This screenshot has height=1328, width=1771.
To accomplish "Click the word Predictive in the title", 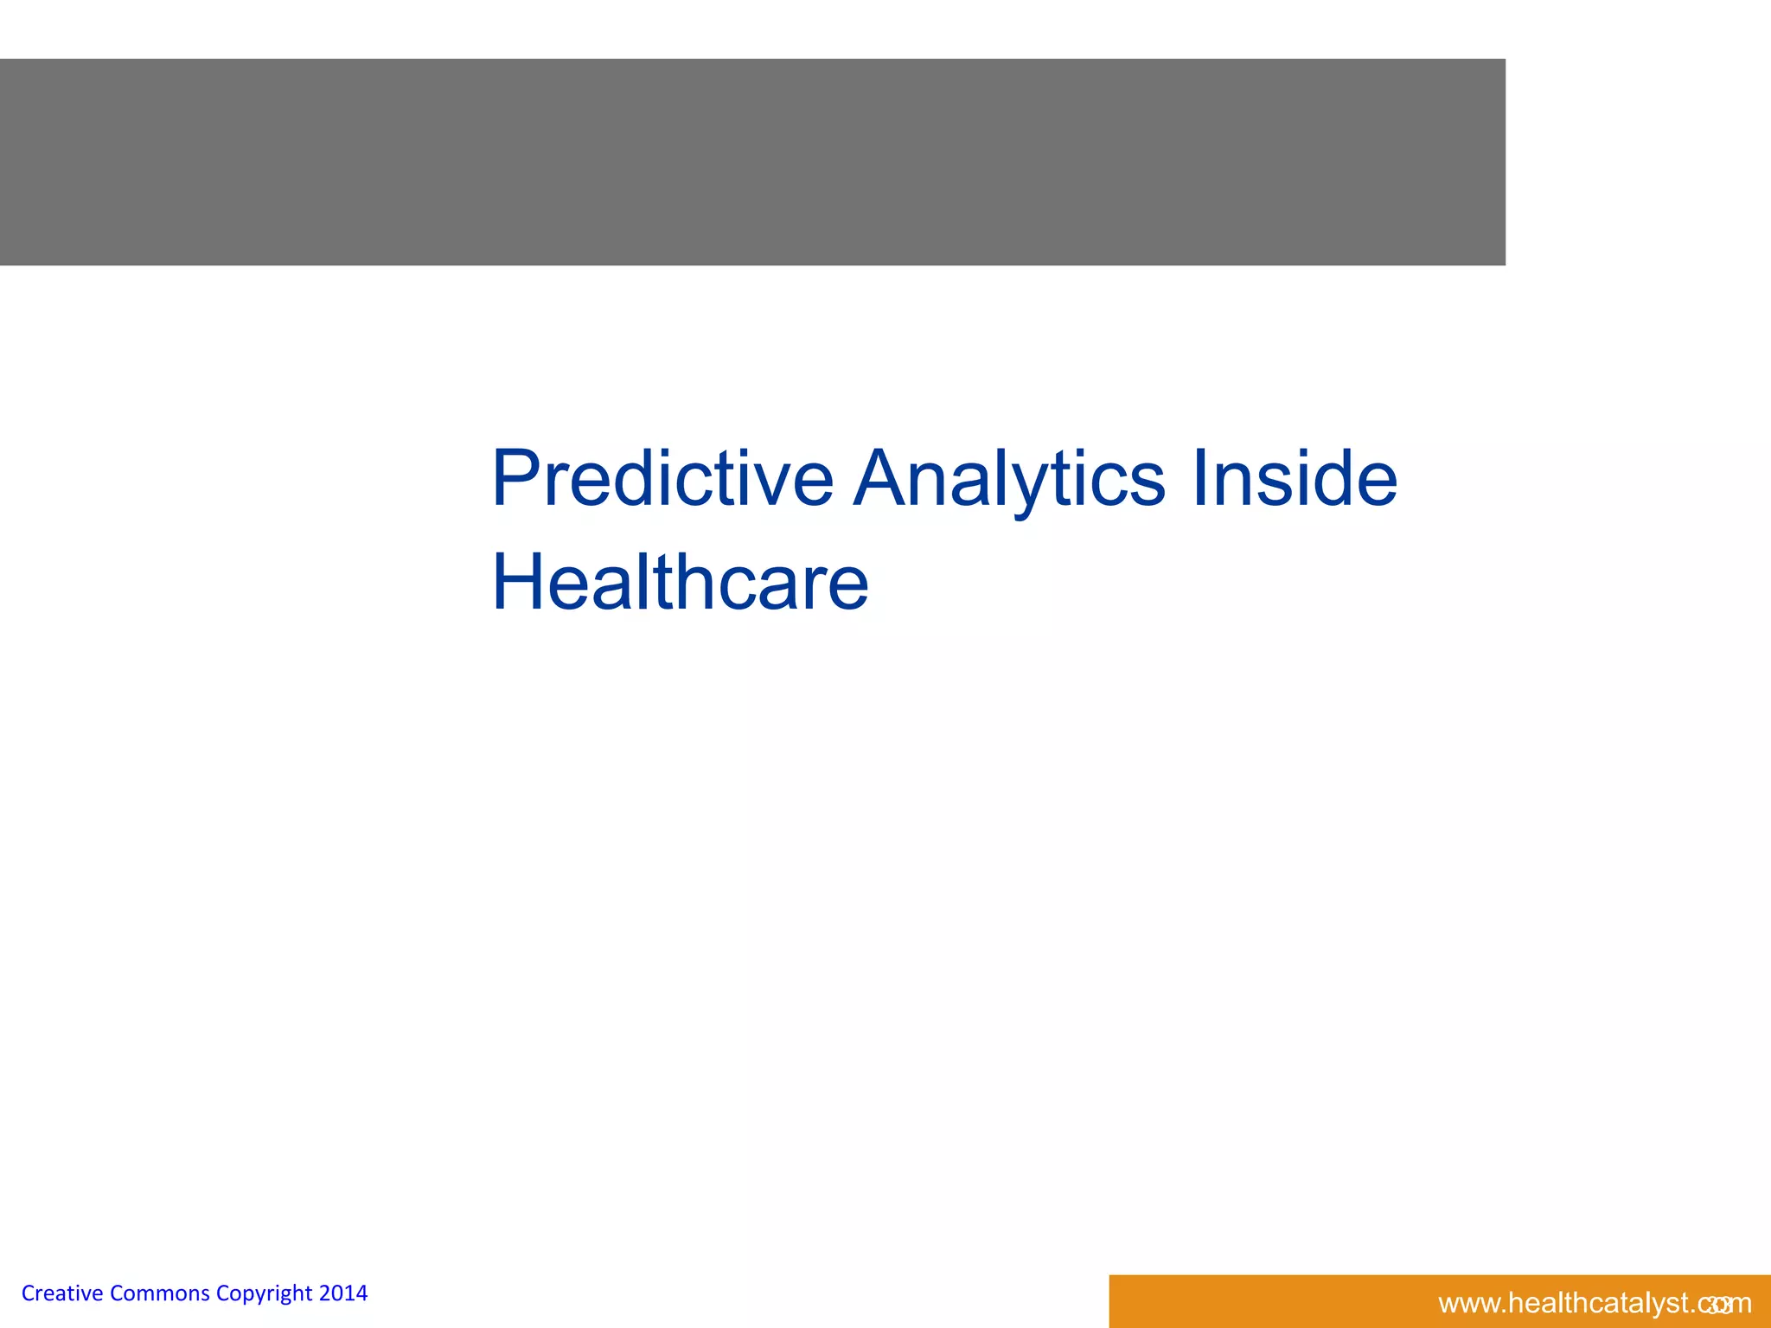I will (x=662, y=480).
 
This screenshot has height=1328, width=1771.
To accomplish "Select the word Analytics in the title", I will (x=1008, y=480).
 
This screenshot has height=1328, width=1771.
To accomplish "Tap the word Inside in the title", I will (x=1295, y=480).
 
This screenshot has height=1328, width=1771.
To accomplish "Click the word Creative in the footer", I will (x=62, y=1293).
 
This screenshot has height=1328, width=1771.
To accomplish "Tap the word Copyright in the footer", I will (x=264, y=1294).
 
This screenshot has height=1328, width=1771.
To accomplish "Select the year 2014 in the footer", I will (x=343, y=1293).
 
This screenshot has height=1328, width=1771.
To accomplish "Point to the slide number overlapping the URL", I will (x=1719, y=1305).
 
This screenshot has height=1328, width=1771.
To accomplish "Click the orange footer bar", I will (x=1254, y=1301).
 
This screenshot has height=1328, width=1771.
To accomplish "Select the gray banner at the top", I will (x=752, y=162).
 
